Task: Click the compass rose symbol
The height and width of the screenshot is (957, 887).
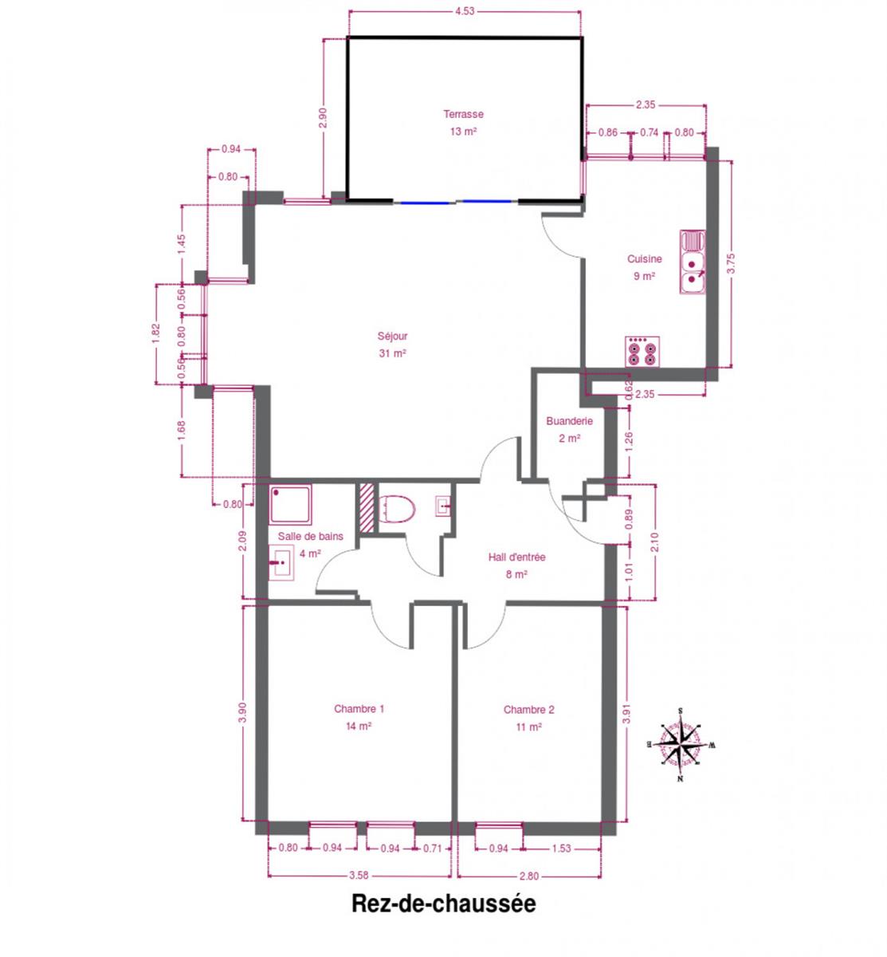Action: click(x=680, y=744)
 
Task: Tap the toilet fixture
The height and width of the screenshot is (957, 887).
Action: click(x=396, y=509)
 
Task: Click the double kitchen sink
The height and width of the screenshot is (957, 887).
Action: click(x=692, y=262)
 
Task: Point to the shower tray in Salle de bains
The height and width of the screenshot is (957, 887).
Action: click(x=290, y=505)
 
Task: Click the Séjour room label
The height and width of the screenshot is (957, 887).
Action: click(x=392, y=336)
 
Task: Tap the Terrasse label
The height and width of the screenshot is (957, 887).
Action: click(x=463, y=114)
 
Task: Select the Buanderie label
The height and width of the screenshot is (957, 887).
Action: click(x=569, y=420)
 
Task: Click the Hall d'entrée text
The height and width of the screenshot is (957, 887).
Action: click(x=516, y=557)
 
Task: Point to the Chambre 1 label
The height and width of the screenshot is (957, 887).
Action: click(x=359, y=709)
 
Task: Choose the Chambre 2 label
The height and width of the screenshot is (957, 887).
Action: click(x=528, y=709)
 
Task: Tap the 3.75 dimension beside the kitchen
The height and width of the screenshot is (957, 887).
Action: click(x=731, y=264)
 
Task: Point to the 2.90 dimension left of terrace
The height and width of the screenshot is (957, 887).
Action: click(x=323, y=117)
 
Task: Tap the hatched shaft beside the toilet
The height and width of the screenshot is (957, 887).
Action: click(x=367, y=507)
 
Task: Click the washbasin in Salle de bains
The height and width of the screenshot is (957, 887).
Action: click(x=281, y=562)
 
